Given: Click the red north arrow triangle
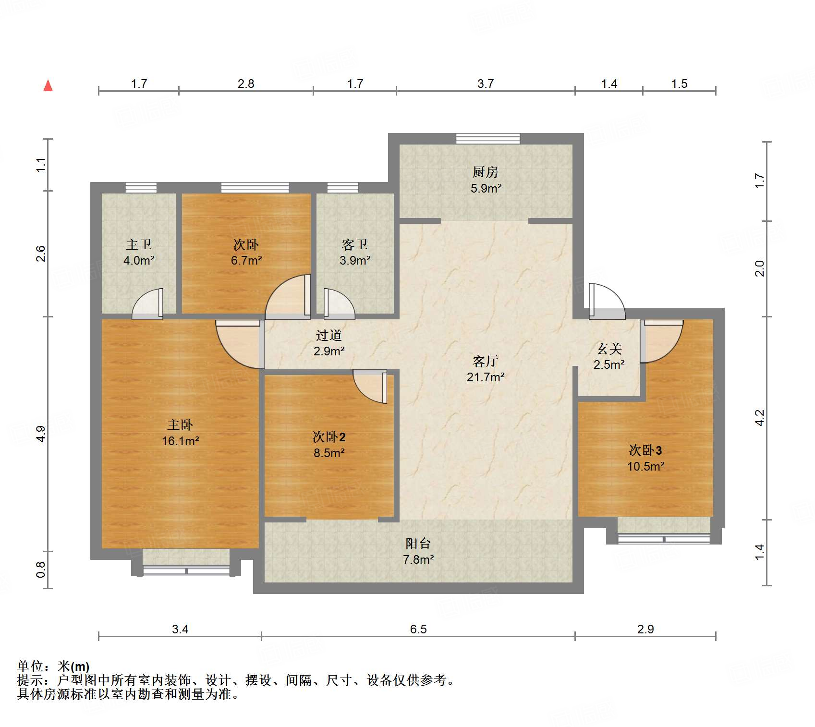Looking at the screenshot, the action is [x=48, y=86].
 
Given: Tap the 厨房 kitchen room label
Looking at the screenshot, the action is [x=486, y=172].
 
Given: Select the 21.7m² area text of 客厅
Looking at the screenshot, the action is [x=486, y=377].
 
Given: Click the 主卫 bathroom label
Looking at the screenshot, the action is [x=139, y=244].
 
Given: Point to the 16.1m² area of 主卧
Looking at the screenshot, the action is [x=181, y=441].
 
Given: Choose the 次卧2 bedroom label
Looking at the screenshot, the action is [x=329, y=436].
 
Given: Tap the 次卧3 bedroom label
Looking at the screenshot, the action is [x=645, y=450].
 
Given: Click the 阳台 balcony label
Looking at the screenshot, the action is [x=418, y=543].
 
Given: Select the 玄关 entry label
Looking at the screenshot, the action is [x=609, y=349].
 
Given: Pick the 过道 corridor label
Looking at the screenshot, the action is [x=329, y=335].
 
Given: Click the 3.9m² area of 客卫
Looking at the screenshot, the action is [x=355, y=261].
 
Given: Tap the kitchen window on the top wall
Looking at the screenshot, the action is [x=488, y=139].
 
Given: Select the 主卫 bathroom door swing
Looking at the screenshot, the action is [x=147, y=303].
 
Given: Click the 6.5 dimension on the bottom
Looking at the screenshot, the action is [x=418, y=629].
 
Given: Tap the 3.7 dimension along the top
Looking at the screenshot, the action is [x=486, y=84].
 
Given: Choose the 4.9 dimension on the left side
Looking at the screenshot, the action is [x=41, y=434].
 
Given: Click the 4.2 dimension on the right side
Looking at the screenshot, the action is [x=759, y=418].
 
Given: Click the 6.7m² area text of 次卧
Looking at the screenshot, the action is [x=246, y=261].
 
